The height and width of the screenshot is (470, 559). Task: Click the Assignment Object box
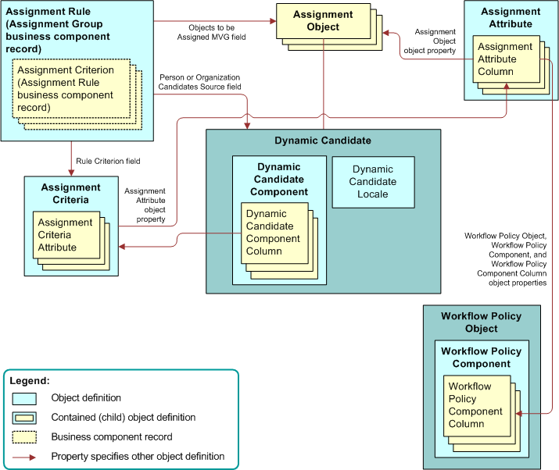tap(321, 21)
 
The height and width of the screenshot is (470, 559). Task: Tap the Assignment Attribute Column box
tap(504, 59)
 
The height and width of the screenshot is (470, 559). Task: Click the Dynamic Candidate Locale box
tap(372, 182)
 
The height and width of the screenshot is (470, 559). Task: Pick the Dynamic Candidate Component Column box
tap(274, 233)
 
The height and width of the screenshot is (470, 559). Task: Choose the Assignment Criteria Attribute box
tap(65, 235)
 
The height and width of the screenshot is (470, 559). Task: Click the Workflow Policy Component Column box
tap(475, 405)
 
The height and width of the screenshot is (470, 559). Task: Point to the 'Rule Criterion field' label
tap(108, 162)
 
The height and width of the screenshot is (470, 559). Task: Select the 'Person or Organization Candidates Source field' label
tap(199, 82)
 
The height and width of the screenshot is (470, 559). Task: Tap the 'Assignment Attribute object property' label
tap(145, 205)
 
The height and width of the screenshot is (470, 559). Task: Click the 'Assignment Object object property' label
tap(435, 41)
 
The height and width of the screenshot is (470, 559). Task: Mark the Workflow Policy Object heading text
tap(481, 322)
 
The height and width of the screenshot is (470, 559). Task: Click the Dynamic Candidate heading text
tap(323, 141)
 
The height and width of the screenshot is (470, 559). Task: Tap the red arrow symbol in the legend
tap(26, 457)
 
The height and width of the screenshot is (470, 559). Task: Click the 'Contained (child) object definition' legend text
tap(124, 418)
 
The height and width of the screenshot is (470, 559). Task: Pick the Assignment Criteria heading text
tap(71, 194)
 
